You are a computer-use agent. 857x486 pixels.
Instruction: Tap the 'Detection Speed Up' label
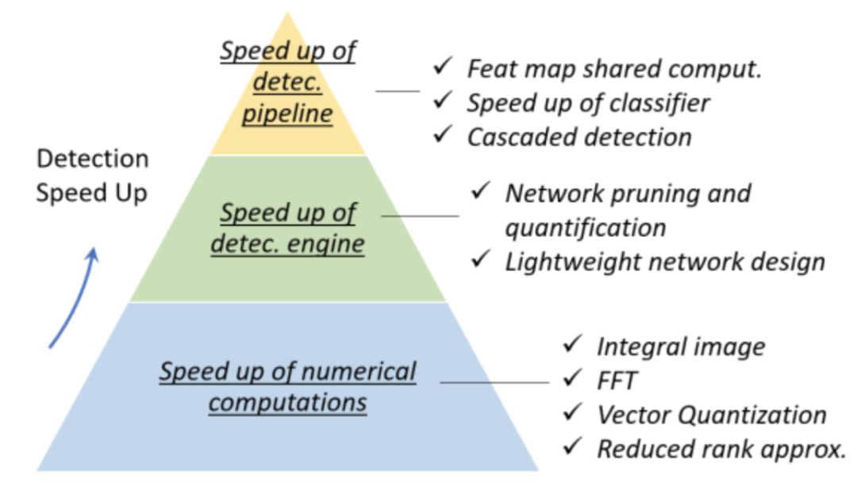92,176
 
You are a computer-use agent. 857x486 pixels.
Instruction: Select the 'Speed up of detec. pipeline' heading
287,82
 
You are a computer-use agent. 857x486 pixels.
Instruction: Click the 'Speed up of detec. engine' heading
287,228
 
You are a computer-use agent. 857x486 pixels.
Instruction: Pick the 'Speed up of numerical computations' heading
287,386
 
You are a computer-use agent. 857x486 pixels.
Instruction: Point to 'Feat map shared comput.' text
614,68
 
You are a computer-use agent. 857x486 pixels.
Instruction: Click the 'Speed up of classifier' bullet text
588,102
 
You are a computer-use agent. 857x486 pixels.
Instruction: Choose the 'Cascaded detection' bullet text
579,136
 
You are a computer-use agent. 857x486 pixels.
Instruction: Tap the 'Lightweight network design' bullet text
665,261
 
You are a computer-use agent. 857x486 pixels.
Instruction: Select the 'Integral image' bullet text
681,346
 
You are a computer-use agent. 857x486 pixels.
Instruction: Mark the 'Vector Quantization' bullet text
712,414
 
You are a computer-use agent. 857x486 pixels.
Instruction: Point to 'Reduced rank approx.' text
721,449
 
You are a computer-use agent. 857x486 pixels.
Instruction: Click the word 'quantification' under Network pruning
586,228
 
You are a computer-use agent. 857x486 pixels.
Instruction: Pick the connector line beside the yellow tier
398,91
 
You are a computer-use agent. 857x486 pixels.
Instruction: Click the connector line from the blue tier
494,382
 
